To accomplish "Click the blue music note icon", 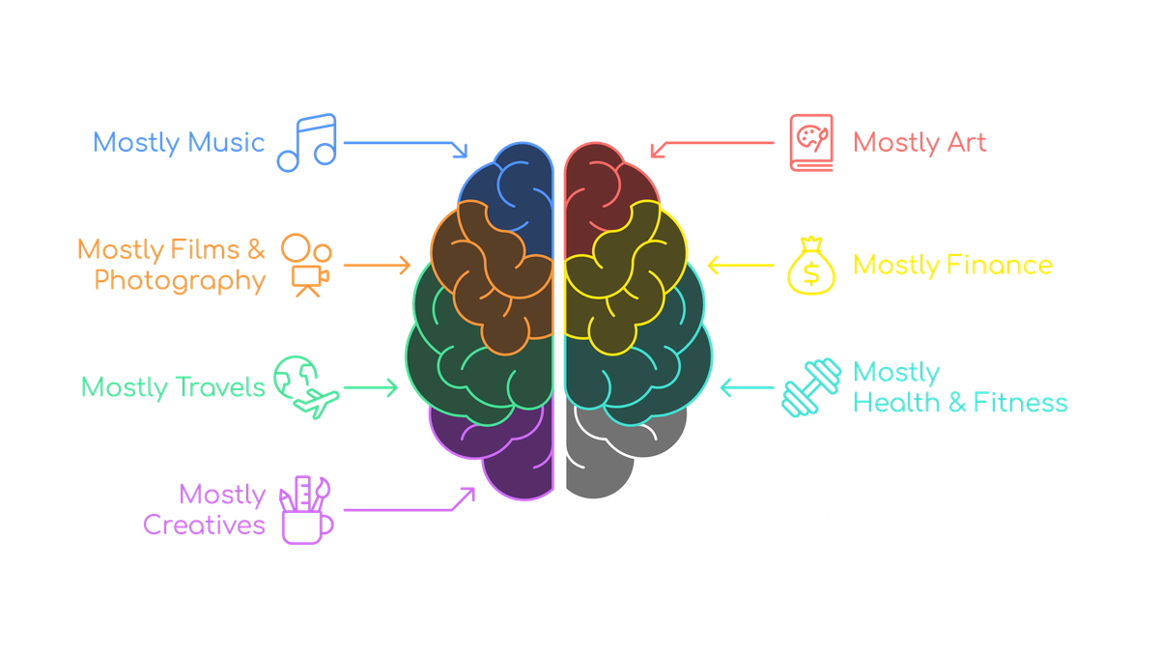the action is click(x=307, y=143).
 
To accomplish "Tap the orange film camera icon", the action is click(x=307, y=266).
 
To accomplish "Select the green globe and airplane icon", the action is click(x=306, y=386).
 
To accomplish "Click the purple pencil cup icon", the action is click(x=306, y=510).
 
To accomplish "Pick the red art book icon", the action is click(x=811, y=143).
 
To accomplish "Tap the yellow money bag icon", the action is click(x=811, y=266).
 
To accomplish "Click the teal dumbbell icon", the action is click(x=811, y=387).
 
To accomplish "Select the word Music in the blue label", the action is click(x=226, y=142).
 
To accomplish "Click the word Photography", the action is click(x=180, y=281).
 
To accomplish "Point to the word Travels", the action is click(x=220, y=387).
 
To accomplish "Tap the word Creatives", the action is click(x=204, y=525).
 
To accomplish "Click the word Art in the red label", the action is click(x=967, y=142).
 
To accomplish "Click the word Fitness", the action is click(x=1020, y=403).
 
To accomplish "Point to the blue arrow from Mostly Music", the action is click(x=406, y=143).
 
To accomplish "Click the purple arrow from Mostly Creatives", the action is click(x=410, y=510).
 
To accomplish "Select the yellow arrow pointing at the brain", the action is click(x=741, y=265).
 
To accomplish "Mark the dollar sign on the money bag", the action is click(x=811, y=273).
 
